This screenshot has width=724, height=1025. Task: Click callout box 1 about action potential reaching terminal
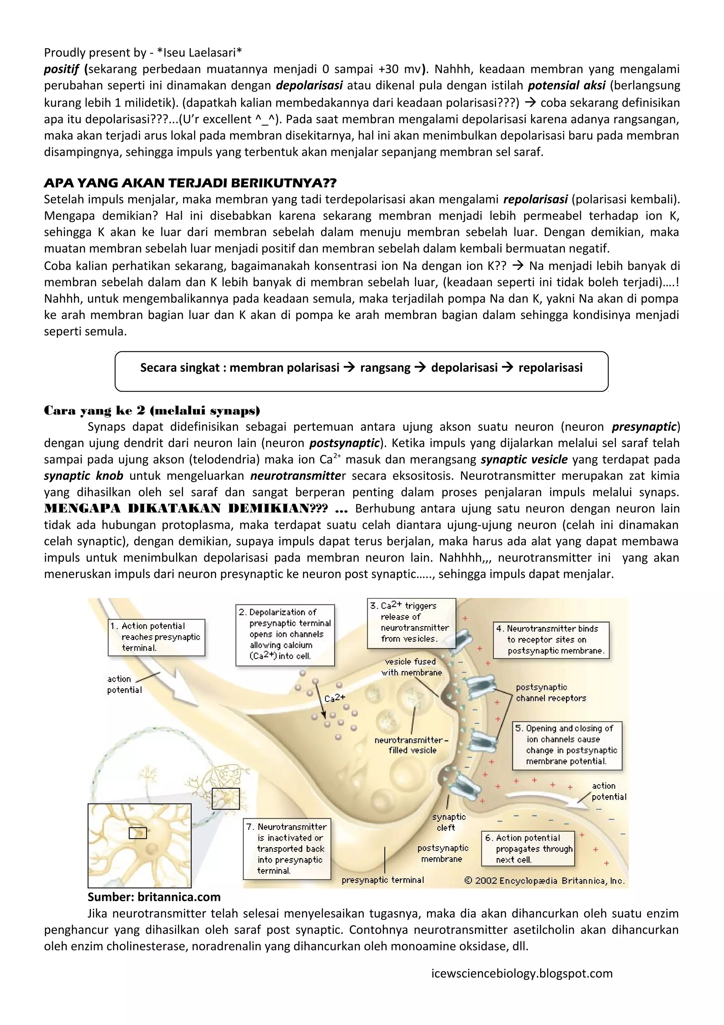(156, 637)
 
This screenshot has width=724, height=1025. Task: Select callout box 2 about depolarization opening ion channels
(285, 635)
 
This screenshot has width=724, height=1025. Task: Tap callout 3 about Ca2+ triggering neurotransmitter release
(411, 622)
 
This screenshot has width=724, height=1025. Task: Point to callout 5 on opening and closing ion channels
(567, 745)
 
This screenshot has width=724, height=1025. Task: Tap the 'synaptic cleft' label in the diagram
(448, 822)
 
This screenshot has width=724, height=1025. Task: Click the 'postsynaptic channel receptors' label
(550, 693)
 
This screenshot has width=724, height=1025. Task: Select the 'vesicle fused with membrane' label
(411, 667)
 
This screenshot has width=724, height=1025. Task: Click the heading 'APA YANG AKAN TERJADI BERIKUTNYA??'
(191, 183)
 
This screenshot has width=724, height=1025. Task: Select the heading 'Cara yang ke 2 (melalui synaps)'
(152, 410)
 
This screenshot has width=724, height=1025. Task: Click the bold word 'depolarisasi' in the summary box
(464, 367)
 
